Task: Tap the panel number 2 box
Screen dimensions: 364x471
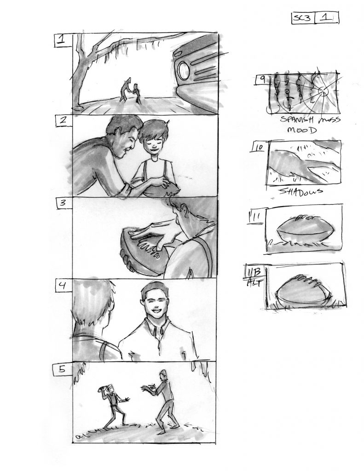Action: tap(64, 121)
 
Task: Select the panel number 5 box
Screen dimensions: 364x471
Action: tap(62, 369)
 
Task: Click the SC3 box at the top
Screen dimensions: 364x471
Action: tap(303, 18)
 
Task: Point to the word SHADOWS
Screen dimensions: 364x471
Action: tap(301, 191)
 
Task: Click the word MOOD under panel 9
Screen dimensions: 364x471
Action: tap(302, 130)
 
